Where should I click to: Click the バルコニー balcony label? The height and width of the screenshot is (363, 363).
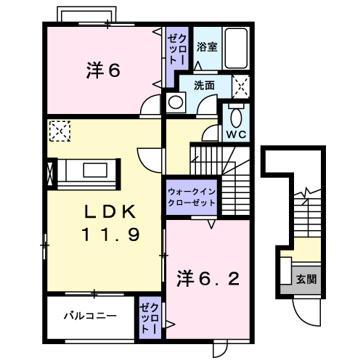89,316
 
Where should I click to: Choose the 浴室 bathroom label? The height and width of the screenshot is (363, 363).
207,47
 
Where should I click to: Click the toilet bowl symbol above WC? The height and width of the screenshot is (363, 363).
235,116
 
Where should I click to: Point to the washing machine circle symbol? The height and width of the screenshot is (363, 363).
175,102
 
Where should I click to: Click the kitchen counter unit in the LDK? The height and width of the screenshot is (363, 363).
86,172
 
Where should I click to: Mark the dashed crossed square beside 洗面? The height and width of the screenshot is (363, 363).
242,85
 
